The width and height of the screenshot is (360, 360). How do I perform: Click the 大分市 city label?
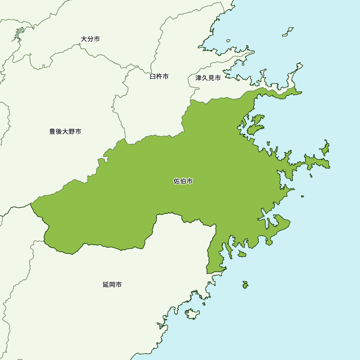90,39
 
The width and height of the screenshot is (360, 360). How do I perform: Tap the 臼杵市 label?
159,77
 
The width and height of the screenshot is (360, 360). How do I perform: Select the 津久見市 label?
208,78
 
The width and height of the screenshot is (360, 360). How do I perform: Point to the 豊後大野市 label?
65,132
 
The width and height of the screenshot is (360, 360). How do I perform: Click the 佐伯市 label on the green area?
183,181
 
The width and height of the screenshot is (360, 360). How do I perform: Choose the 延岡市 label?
112,285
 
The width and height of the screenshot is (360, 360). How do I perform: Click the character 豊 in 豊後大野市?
53,132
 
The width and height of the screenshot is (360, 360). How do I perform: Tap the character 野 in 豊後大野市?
72,132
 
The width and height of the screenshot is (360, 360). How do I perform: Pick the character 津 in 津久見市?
199,78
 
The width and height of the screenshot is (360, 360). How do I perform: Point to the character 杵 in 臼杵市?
159,77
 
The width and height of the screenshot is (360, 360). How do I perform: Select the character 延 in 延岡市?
106,285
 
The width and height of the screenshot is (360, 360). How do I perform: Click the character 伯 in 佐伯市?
183,181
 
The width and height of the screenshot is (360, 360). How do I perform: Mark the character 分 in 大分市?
90,39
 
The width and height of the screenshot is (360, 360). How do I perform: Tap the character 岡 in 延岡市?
112,285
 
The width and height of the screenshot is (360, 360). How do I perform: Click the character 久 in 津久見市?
205,78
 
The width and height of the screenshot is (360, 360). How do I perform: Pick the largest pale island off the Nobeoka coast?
192,314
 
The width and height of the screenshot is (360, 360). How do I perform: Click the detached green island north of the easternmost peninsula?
325,147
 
